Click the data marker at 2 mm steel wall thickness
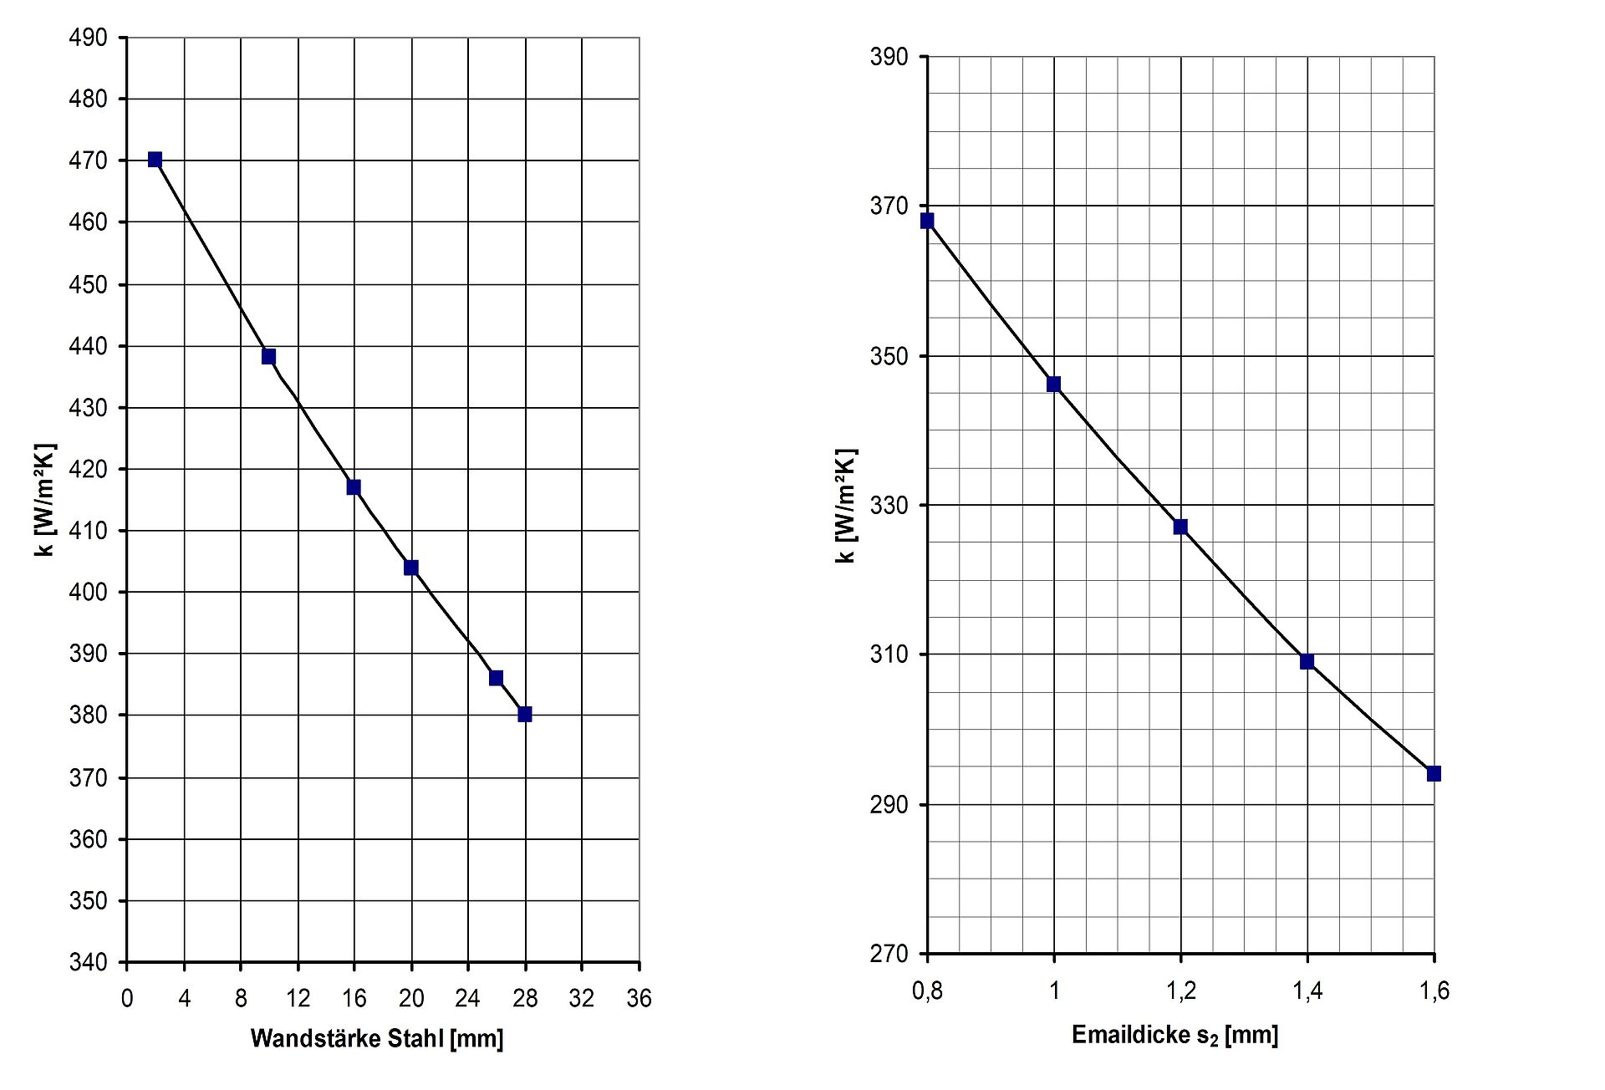point(155,160)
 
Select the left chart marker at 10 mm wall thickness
point(268,357)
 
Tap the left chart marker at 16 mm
point(354,487)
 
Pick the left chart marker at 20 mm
point(411,568)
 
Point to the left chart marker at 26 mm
point(496,678)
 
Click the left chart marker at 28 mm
point(525,714)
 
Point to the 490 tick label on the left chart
point(88,38)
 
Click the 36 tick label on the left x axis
point(639,998)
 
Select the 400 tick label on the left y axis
point(88,592)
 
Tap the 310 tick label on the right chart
point(889,655)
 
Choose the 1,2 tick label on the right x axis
point(1180,991)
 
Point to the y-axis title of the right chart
point(846,506)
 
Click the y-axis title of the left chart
point(45,500)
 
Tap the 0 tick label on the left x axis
point(127,998)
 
